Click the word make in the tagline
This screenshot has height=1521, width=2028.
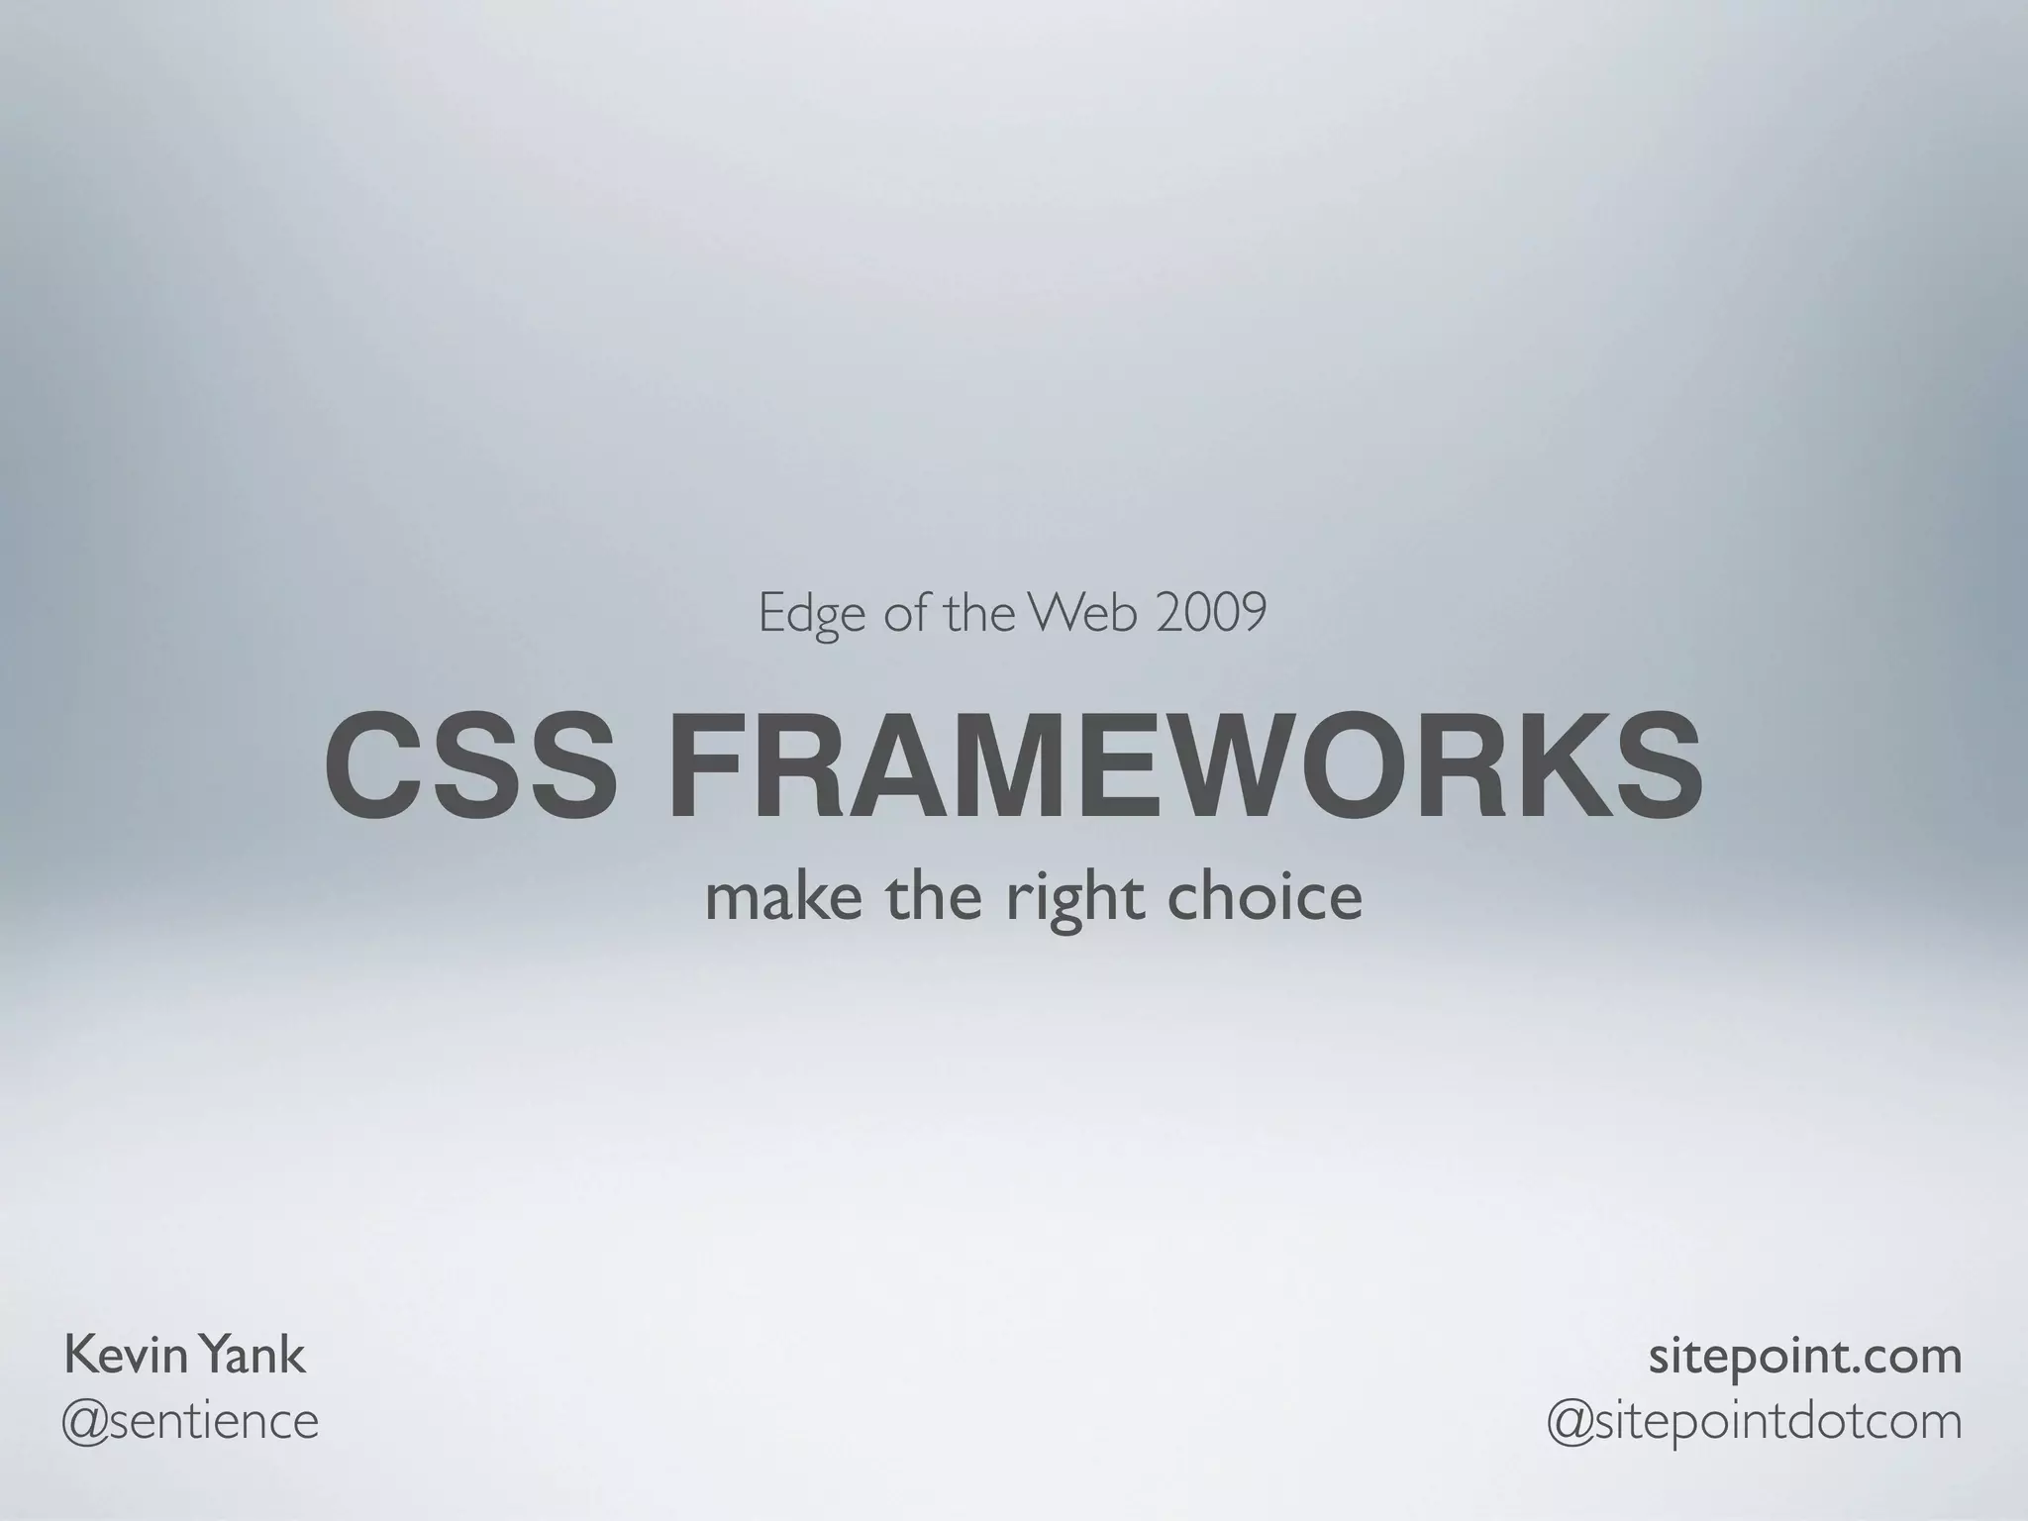pos(783,897)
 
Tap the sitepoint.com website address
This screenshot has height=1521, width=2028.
pos(1804,1357)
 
